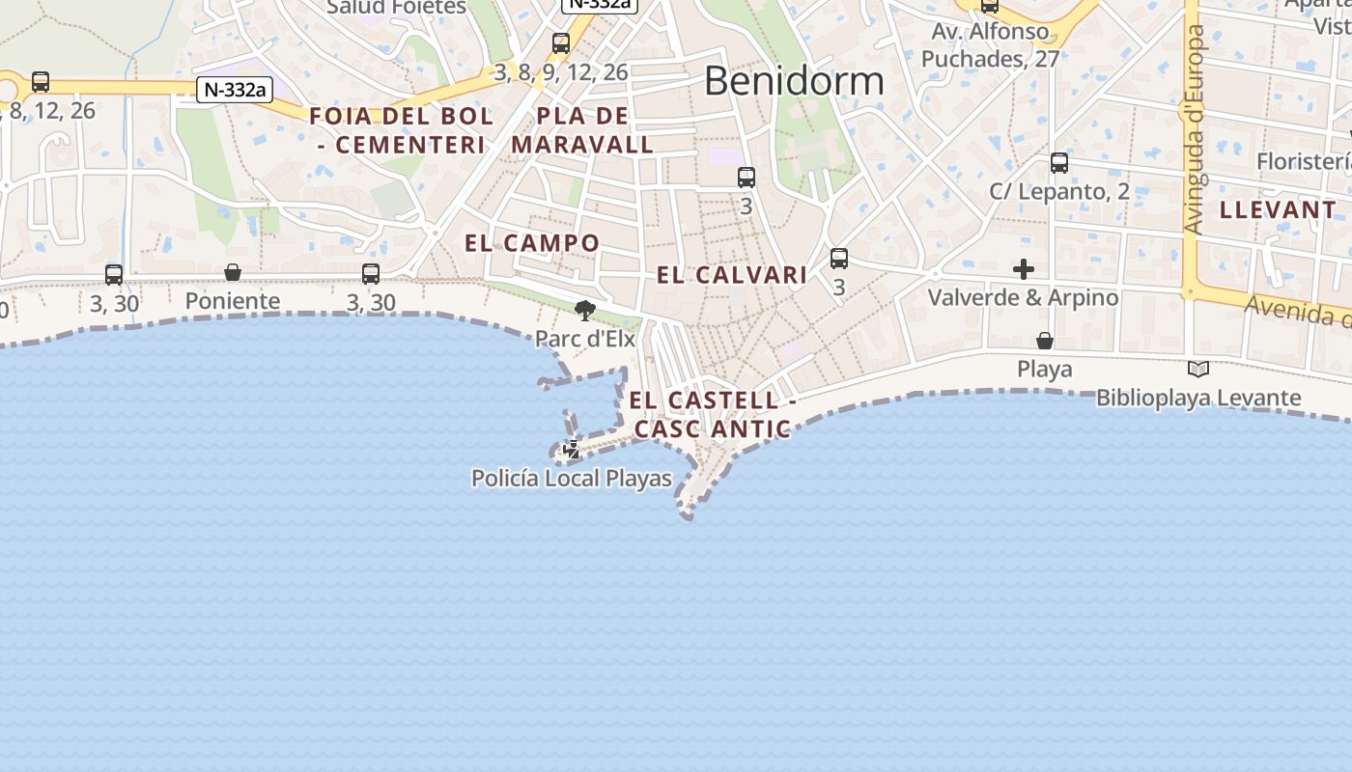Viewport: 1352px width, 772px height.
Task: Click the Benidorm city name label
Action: click(794, 81)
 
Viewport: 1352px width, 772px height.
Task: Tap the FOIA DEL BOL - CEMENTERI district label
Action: click(401, 130)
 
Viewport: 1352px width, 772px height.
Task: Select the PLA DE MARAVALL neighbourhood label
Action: click(582, 130)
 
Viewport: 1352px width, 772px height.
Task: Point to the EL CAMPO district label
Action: click(532, 243)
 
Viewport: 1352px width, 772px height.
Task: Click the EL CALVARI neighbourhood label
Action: click(732, 275)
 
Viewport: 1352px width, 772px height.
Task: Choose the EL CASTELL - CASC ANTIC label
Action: click(713, 414)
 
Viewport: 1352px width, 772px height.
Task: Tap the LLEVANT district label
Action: click(1278, 209)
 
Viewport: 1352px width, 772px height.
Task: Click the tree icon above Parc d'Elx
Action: click(584, 310)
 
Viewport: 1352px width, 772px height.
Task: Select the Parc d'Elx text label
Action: click(585, 339)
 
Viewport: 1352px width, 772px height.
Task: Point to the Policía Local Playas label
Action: click(572, 478)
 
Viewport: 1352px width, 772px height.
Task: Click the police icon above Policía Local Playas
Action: click(572, 449)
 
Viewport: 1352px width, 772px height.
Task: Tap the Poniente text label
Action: click(233, 301)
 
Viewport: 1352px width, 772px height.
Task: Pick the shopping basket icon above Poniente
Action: click(233, 273)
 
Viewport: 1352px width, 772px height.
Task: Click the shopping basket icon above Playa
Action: click(1045, 341)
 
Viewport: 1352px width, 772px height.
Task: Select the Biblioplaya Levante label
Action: click(1198, 398)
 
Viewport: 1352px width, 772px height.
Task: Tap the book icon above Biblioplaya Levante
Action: click(1198, 369)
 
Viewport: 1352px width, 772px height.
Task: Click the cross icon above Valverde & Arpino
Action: click(1024, 269)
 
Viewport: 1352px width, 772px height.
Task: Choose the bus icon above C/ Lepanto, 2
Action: click(1059, 163)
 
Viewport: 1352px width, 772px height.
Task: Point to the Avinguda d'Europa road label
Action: click(1195, 129)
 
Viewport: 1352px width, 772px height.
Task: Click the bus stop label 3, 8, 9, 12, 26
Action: click(561, 71)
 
